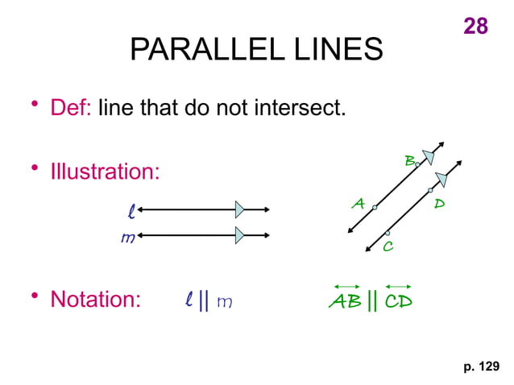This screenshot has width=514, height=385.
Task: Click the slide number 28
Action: (x=475, y=26)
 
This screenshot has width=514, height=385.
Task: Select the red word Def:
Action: (x=71, y=107)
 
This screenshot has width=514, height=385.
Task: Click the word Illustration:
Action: (x=105, y=172)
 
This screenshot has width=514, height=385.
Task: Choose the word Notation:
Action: (x=95, y=300)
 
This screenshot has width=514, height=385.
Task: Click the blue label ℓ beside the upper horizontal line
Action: (x=131, y=211)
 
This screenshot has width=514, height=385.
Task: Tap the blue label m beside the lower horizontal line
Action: (x=126, y=238)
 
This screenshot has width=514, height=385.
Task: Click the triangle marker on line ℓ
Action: (x=239, y=209)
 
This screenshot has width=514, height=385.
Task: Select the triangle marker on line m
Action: (x=239, y=235)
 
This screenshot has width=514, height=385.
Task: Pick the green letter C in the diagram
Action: (x=388, y=246)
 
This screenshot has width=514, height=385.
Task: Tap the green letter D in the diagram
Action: (x=439, y=204)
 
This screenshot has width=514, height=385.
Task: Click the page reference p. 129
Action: (x=481, y=367)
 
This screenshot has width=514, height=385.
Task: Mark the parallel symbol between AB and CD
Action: (x=371, y=301)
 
